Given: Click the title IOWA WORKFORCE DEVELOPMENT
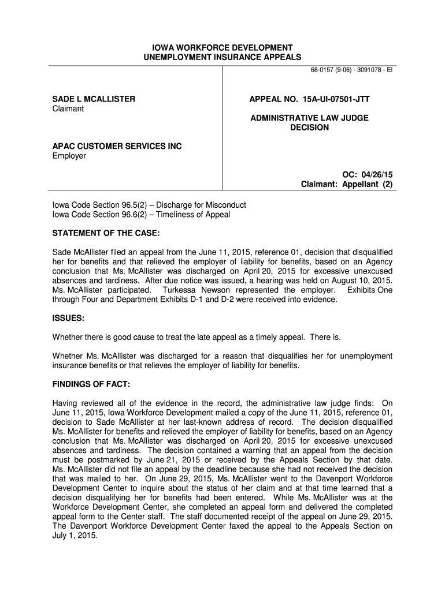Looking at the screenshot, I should coord(222,47).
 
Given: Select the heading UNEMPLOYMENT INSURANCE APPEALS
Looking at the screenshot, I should coord(222,57).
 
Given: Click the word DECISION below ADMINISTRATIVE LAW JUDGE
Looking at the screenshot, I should coord(309,128).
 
